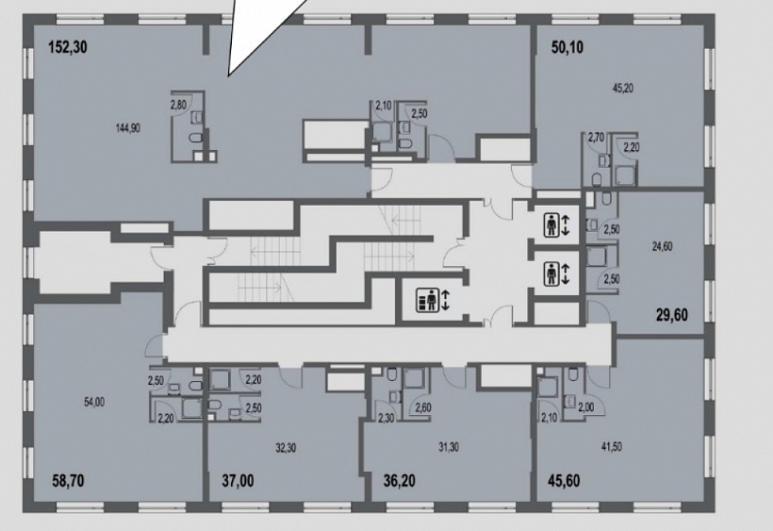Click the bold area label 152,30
click(x=68, y=47)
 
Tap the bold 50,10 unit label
click(x=567, y=47)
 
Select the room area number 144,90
click(x=127, y=128)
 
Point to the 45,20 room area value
click(x=622, y=89)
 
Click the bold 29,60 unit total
click(x=671, y=315)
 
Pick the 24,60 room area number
click(x=662, y=246)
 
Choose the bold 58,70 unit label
click(x=68, y=480)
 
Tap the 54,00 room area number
click(x=94, y=403)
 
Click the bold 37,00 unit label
click(x=238, y=480)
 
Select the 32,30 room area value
click(x=286, y=448)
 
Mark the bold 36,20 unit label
click(x=400, y=480)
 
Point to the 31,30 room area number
click(x=449, y=447)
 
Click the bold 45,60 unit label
click(x=564, y=480)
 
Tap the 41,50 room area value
click(x=611, y=447)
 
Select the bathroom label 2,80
click(x=178, y=105)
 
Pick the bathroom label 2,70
click(x=596, y=138)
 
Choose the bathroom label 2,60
click(x=423, y=407)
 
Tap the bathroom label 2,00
click(x=586, y=407)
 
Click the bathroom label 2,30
click(x=386, y=419)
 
